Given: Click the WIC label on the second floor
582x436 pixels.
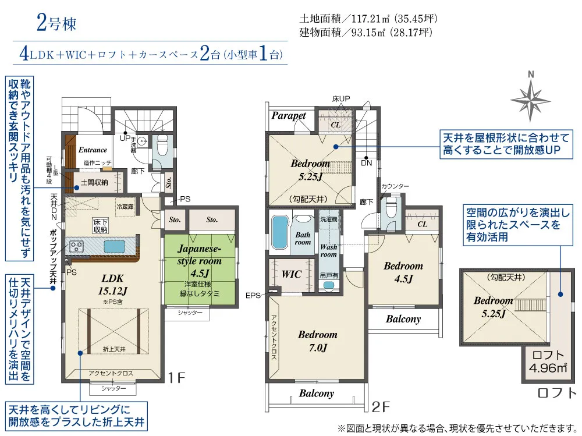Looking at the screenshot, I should (x=291, y=274).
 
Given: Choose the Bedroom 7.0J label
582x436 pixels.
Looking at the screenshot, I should (x=318, y=341).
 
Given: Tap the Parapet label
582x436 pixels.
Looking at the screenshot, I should (x=289, y=115).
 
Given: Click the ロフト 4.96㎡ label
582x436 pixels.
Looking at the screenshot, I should (x=545, y=361).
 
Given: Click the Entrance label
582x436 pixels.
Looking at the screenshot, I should (x=93, y=150).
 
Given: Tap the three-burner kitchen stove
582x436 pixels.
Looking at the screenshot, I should (x=77, y=246).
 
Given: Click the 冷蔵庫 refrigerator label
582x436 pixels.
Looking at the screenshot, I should (x=125, y=206).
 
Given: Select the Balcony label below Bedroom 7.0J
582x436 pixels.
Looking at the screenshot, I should (x=317, y=394).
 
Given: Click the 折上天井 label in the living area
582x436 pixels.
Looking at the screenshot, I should (x=113, y=349).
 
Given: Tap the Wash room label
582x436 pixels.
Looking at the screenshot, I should (x=329, y=250).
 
